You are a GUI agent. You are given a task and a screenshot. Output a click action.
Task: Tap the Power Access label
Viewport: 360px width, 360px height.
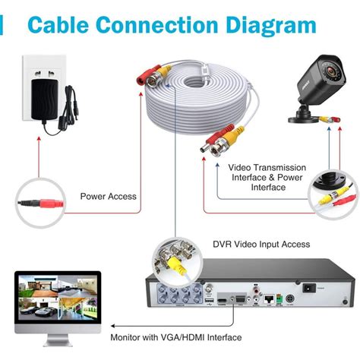pyautogui.click(x=109, y=197)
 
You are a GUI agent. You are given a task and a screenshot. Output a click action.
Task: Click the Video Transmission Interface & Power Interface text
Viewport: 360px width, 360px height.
pyautogui.click(x=268, y=177)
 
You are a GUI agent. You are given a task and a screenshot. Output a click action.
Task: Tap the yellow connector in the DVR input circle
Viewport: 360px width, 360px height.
pyautogui.click(x=175, y=265)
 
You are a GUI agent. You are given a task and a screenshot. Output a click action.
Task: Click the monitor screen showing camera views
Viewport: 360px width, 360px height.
pyautogui.click(x=54, y=299)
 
